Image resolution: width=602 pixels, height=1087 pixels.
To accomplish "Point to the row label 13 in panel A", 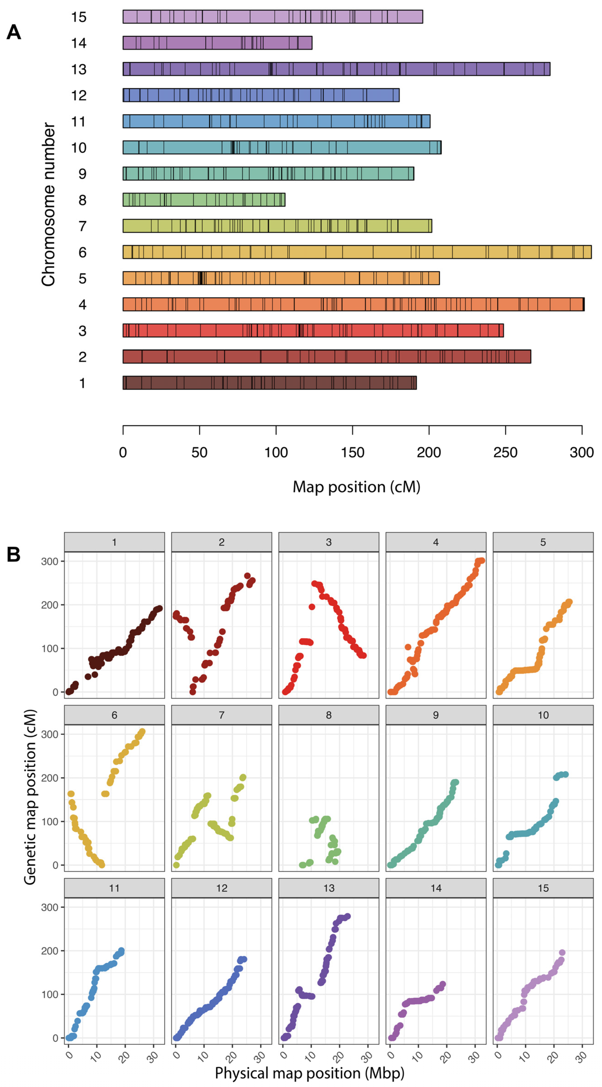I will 78,69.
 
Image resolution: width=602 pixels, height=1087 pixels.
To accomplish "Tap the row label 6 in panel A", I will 82,252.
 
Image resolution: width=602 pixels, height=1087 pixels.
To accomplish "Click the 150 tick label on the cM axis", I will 352,452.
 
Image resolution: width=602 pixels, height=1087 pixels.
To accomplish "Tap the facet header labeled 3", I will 329,542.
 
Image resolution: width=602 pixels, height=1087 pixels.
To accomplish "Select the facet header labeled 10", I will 543,715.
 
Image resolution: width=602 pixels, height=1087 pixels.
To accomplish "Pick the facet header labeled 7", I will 221,715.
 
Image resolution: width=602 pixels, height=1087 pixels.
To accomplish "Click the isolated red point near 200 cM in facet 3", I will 312,607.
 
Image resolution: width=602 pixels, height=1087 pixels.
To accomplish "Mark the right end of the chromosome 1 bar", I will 416,383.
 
